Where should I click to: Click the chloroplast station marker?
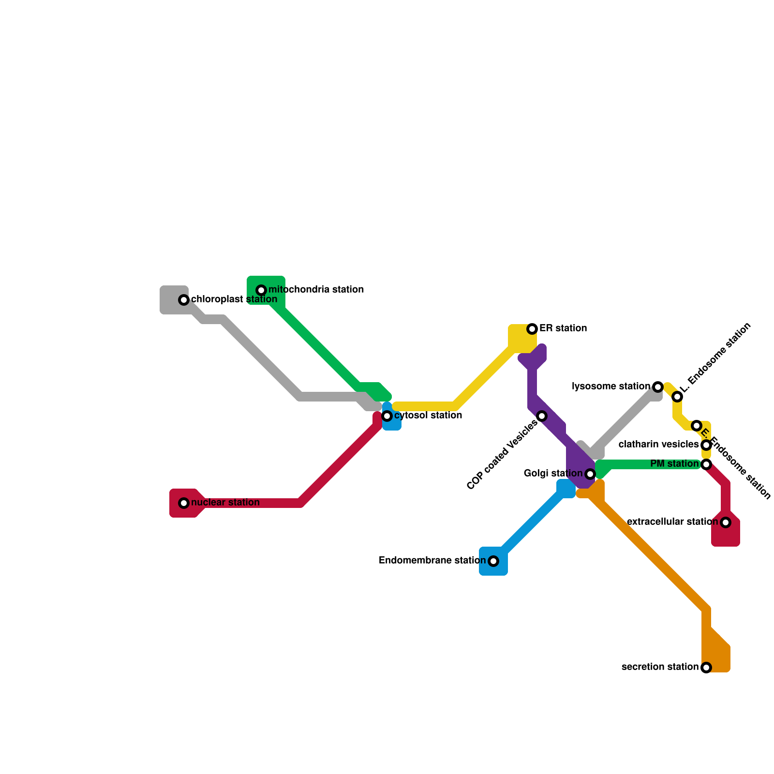pos(184,300)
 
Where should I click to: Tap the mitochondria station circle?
pos(261,290)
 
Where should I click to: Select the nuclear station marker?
pos(184,503)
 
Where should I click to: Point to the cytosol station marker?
pos(387,416)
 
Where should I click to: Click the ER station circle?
pos(532,329)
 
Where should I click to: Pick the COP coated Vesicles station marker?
pos(542,416)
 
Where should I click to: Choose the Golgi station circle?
pos(590,474)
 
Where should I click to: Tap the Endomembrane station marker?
pos(493,561)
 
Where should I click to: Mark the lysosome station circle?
pos(658,387)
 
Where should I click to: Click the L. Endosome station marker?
pos(677,397)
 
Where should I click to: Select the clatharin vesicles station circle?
pos(706,445)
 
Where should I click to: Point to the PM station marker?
pos(706,464)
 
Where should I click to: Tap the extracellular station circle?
pos(726,522)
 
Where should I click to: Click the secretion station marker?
pos(706,668)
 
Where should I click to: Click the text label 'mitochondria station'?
pos(316,290)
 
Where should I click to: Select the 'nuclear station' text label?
pos(225,503)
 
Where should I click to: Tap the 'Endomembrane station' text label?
pos(432,561)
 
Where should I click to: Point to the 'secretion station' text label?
pos(660,667)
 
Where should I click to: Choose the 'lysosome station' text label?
pos(611,387)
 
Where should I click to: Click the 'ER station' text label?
pos(563,328)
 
